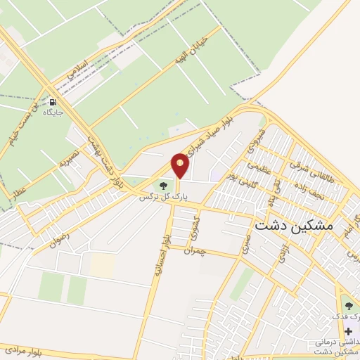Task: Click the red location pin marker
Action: click(x=181, y=165)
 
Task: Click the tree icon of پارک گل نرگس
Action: click(x=164, y=186)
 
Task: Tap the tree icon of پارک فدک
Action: click(x=348, y=305)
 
